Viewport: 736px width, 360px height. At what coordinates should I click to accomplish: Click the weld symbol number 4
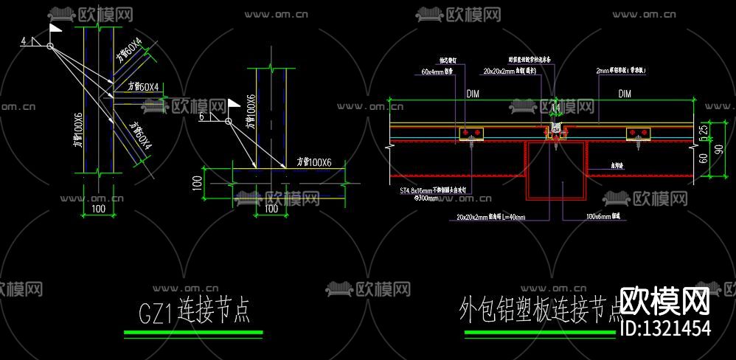(24, 42)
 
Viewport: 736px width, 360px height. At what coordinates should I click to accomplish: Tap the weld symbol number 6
(201, 116)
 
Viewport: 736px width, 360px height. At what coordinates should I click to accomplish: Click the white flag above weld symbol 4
(56, 29)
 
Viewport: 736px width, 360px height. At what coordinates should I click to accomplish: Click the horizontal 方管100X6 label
(314, 162)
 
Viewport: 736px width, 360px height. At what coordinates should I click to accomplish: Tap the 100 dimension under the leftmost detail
(98, 210)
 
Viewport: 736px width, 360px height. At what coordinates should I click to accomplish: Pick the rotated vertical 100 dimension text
(197, 183)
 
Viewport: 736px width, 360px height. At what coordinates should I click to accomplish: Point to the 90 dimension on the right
(719, 150)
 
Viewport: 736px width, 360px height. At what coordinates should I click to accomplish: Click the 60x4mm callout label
(437, 72)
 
